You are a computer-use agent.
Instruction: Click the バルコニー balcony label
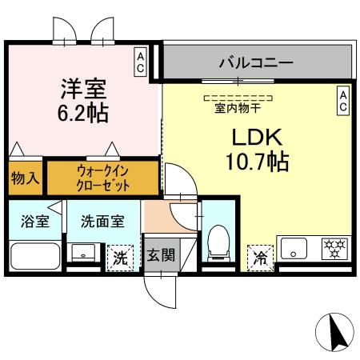(256, 62)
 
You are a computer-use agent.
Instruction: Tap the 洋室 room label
(82, 85)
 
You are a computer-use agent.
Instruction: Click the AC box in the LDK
(342, 100)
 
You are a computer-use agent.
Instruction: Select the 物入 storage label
(25, 178)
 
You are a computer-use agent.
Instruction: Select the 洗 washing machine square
(119, 256)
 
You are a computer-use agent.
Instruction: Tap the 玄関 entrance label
(158, 256)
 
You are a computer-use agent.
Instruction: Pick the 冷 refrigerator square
(260, 256)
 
